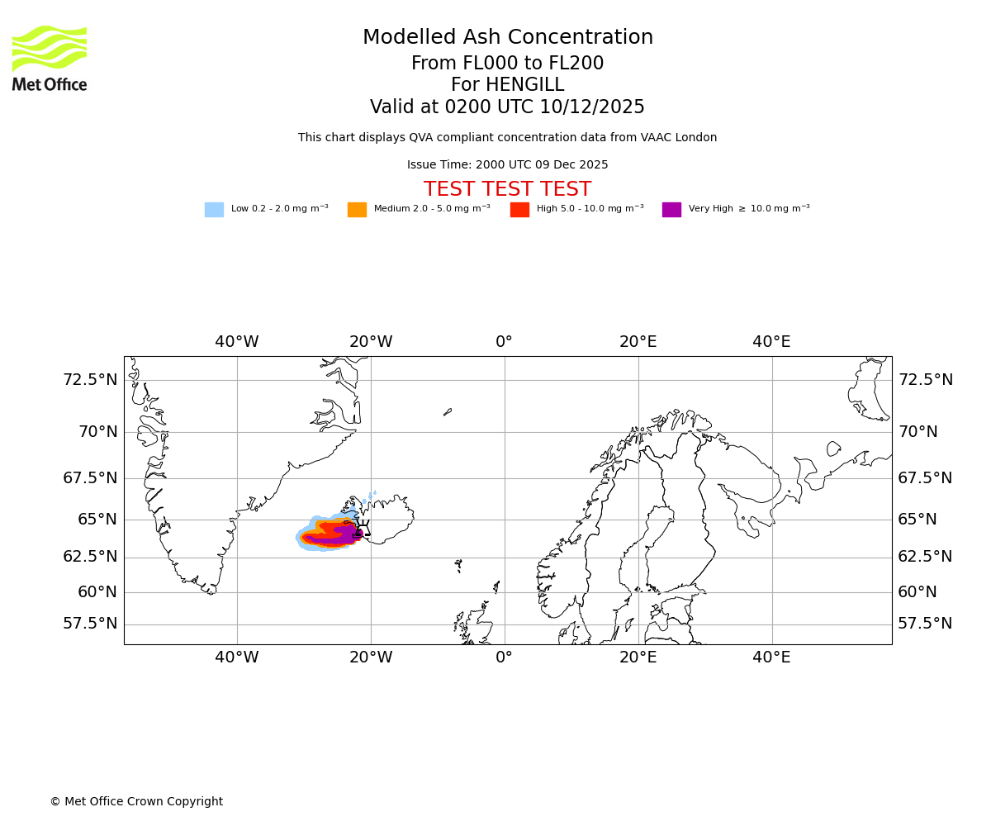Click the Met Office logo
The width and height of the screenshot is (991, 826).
point(50,58)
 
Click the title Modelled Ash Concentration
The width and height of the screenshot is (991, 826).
point(507,38)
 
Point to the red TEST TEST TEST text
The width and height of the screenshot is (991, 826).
point(507,190)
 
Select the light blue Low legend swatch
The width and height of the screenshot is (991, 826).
point(214,210)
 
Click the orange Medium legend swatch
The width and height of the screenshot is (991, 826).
point(357,210)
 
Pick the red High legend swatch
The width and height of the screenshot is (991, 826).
point(519,210)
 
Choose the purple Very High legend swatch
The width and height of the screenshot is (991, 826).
point(671,210)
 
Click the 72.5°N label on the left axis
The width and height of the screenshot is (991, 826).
point(90,380)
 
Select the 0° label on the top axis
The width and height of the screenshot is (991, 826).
point(504,342)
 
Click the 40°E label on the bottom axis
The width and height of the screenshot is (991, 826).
point(771,657)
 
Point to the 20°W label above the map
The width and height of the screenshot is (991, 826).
point(370,342)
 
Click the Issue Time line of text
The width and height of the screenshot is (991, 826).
point(507,165)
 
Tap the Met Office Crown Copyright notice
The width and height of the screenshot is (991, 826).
point(136,802)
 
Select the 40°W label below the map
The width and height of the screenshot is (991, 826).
point(237,657)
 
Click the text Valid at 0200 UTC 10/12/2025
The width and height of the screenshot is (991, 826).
point(507,107)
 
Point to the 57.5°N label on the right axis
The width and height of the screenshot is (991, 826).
point(925,624)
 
